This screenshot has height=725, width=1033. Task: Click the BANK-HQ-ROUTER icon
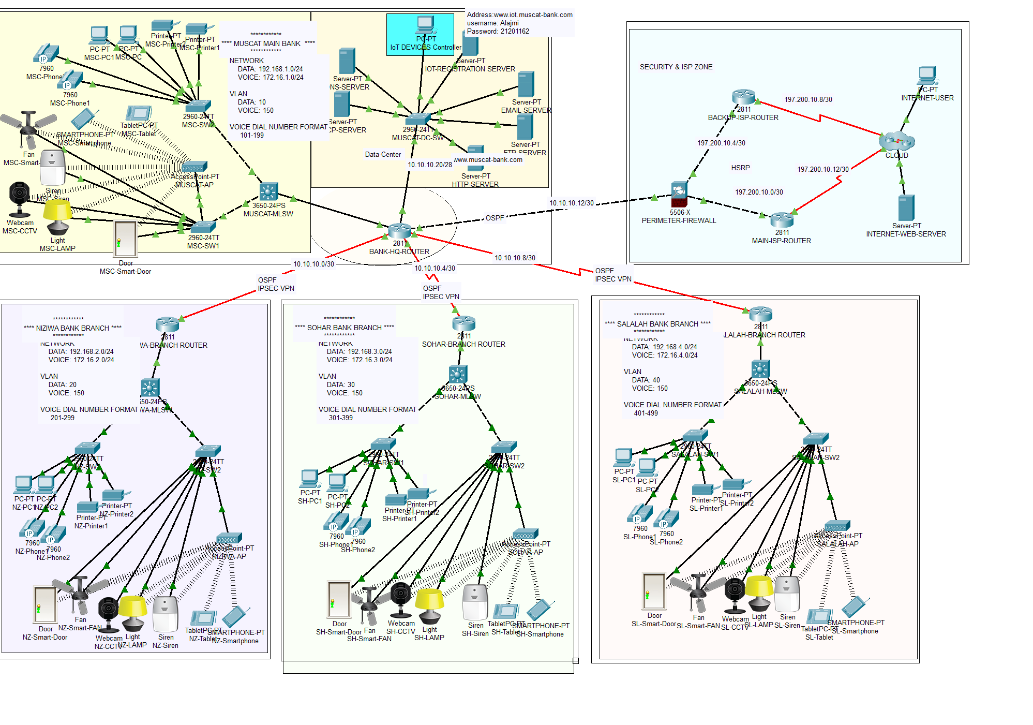(x=399, y=231)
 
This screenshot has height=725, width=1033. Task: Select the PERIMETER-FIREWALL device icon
(x=679, y=195)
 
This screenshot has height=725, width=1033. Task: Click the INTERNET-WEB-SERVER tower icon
(x=906, y=208)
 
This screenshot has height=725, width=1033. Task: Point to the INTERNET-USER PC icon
(x=927, y=76)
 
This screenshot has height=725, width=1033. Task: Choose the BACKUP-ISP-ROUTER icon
(x=743, y=97)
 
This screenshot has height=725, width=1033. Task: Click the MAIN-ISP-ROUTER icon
(x=782, y=220)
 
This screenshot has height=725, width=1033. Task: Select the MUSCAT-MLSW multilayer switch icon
(x=268, y=191)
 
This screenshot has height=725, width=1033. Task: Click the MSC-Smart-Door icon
(x=125, y=239)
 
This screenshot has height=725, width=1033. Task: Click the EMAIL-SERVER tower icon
(x=526, y=84)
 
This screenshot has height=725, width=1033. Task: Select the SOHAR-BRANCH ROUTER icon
(x=463, y=323)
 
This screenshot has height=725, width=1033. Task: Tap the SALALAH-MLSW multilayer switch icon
(x=760, y=369)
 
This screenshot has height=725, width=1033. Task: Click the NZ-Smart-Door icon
(x=45, y=604)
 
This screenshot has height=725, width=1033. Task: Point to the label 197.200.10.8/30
(x=808, y=99)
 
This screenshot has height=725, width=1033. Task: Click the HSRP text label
(x=740, y=168)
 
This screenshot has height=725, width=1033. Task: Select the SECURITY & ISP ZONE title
(x=676, y=67)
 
